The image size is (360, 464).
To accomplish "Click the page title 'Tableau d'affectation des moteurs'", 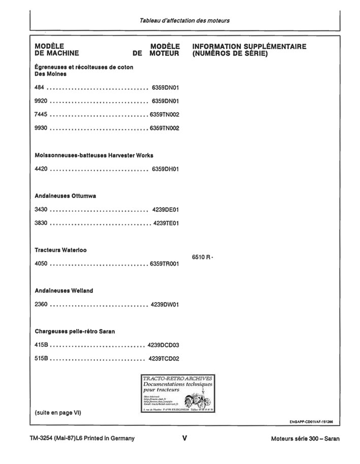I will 184,21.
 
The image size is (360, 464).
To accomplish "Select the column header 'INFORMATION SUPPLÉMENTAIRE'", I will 249,47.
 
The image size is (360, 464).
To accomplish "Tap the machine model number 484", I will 39,87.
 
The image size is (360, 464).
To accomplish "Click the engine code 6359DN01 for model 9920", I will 165,101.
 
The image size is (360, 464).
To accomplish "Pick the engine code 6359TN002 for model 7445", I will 164,115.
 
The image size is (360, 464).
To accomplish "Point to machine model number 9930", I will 41,128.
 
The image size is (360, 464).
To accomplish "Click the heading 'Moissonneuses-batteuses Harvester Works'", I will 94,155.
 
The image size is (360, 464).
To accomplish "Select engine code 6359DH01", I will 165,169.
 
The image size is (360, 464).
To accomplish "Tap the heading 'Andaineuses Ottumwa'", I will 66,196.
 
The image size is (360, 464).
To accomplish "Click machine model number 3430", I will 41,209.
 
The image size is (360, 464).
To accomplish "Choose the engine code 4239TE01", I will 166,223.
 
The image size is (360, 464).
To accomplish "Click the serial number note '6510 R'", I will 202,257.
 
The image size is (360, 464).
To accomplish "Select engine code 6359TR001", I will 164,264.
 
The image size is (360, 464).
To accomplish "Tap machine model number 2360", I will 41,305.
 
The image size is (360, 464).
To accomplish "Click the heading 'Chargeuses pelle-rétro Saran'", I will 75,332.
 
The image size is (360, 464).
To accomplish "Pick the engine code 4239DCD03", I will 163,345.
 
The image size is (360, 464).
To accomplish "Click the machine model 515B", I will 41,358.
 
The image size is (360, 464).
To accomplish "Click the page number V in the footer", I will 184,438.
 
